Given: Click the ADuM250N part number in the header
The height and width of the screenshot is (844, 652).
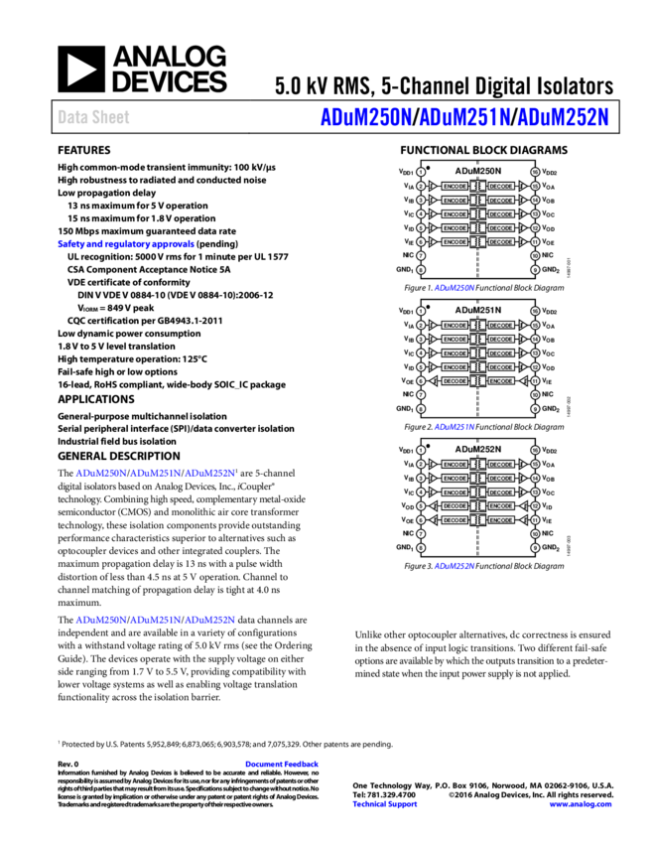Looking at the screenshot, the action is (x=365, y=117).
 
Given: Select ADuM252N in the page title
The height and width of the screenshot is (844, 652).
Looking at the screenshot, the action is (x=563, y=117).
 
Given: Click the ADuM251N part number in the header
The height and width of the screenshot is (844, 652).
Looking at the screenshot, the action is (x=464, y=117).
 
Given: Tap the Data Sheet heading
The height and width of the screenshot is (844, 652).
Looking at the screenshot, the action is (x=93, y=117).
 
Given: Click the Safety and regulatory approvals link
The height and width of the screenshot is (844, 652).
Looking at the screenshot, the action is (x=126, y=244).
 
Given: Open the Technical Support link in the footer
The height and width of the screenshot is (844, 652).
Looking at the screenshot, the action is (x=385, y=804).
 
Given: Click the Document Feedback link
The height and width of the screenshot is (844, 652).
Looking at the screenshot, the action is (x=282, y=764).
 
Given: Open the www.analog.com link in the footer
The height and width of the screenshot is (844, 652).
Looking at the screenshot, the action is (x=581, y=804).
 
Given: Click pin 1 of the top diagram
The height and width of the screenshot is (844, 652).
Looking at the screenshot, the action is (x=421, y=172).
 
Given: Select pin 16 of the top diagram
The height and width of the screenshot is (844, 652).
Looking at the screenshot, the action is (x=535, y=172).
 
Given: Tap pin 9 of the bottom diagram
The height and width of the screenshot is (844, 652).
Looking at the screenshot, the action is (x=535, y=548).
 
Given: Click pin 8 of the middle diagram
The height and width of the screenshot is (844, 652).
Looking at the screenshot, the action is (x=421, y=409).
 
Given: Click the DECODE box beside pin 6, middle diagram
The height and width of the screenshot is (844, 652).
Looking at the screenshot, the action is (x=455, y=381).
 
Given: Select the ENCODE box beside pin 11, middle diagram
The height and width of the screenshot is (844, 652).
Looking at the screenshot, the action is (x=501, y=381).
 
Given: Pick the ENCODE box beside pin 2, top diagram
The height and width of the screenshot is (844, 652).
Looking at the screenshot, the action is (x=455, y=187).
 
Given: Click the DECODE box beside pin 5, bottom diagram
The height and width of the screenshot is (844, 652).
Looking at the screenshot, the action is (x=455, y=506).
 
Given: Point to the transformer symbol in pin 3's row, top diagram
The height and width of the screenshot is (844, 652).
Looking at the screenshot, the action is (x=478, y=201).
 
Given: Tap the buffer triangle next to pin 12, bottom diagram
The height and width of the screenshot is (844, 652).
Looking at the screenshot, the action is (x=523, y=506).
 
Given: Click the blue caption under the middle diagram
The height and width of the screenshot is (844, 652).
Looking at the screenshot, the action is (x=455, y=427).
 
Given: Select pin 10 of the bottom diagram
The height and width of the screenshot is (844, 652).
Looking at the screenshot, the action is (x=535, y=534).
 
